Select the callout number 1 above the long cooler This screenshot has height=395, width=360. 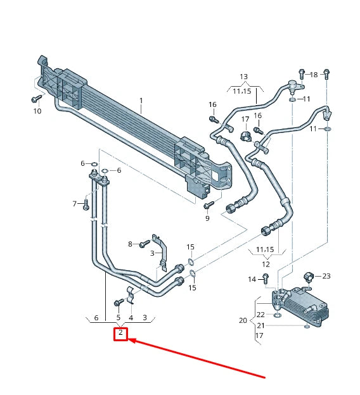[141, 101]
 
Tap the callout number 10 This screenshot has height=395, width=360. [37, 111]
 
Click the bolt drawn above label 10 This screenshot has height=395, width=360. [35, 99]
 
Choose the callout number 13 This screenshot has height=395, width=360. [244, 77]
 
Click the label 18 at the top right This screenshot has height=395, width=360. [313, 75]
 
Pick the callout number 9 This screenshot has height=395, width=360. [207, 218]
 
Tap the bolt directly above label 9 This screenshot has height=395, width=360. [207, 205]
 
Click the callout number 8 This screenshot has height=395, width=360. [131, 244]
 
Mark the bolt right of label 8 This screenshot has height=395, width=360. [143, 242]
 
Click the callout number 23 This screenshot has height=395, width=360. [326, 276]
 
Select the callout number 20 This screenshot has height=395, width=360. [243, 320]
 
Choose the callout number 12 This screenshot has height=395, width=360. [266, 264]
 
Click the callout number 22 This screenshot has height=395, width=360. [260, 315]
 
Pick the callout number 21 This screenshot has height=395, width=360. [260, 325]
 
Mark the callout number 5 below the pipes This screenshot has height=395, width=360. [118, 317]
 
